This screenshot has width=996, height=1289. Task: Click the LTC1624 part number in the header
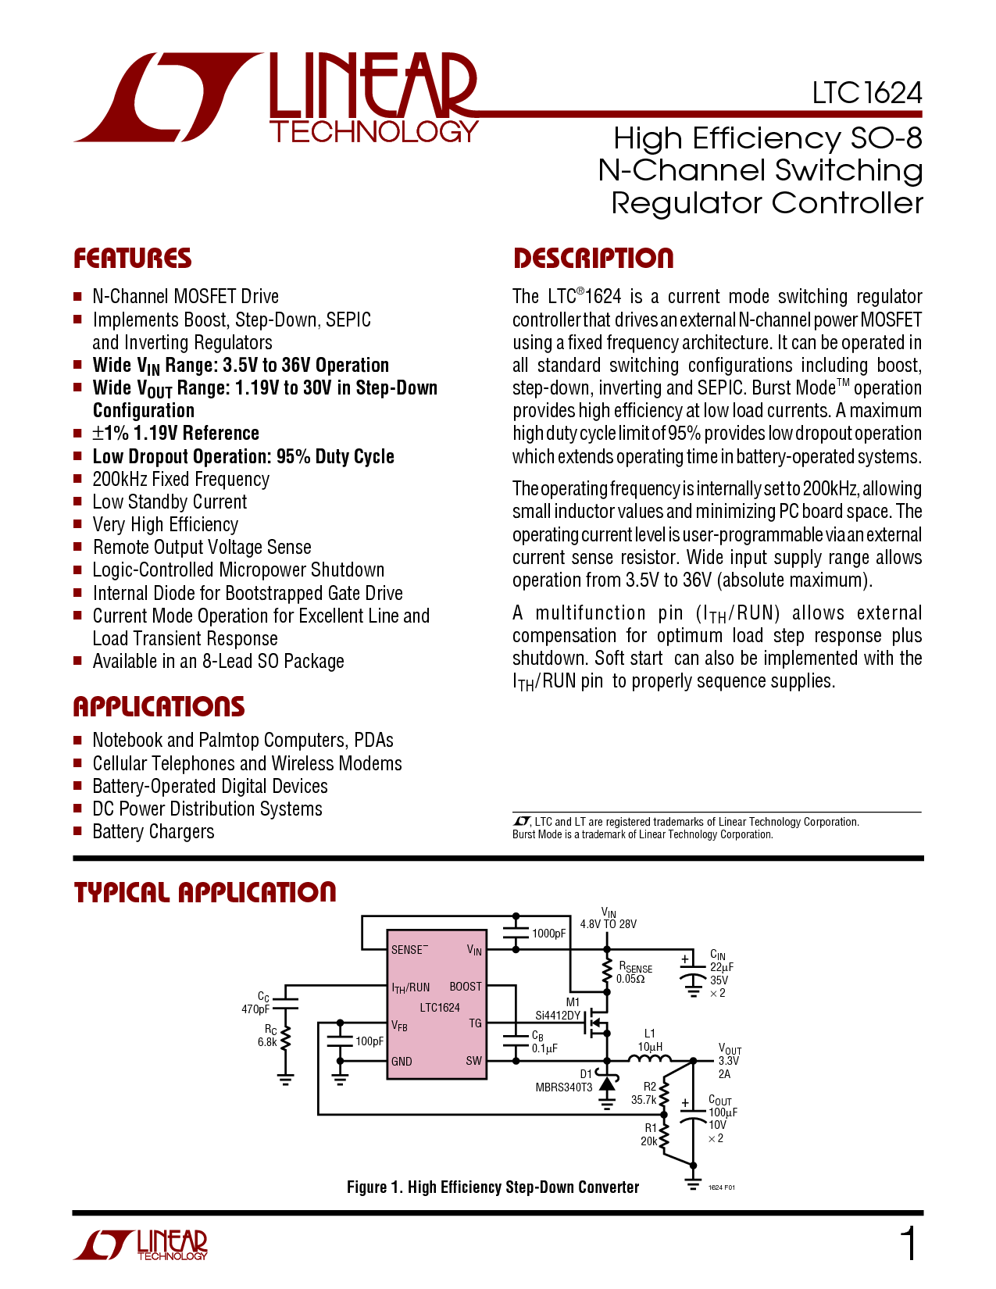click(867, 94)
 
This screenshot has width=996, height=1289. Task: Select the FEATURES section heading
click(132, 259)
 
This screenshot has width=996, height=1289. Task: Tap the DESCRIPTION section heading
click(593, 259)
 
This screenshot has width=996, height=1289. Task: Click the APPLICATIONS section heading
click(159, 707)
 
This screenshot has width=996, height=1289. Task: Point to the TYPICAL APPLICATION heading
click(205, 892)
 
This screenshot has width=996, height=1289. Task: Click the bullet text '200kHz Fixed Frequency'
click(181, 479)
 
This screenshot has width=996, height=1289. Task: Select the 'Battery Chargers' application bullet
click(153, 831)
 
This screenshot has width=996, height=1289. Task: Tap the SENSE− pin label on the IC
click(409, 950)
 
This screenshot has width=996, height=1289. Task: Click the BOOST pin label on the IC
click(466, 987)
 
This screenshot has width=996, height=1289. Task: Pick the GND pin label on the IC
click(402, 1061)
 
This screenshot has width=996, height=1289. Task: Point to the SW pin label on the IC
click(474, 1061)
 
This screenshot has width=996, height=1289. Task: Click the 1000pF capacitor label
click(548, 934)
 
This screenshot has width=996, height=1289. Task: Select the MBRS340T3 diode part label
click(564, 1087)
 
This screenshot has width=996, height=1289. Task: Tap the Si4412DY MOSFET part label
click(558, 1016)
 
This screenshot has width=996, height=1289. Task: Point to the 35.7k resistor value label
click(644, 1100)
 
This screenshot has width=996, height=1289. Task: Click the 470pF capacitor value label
click(255, 1009)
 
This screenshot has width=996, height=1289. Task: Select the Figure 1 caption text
click(493, 1187)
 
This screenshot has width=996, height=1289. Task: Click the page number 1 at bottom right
click(909, 1244)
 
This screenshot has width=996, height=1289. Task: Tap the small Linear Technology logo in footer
click(141, 1244)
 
